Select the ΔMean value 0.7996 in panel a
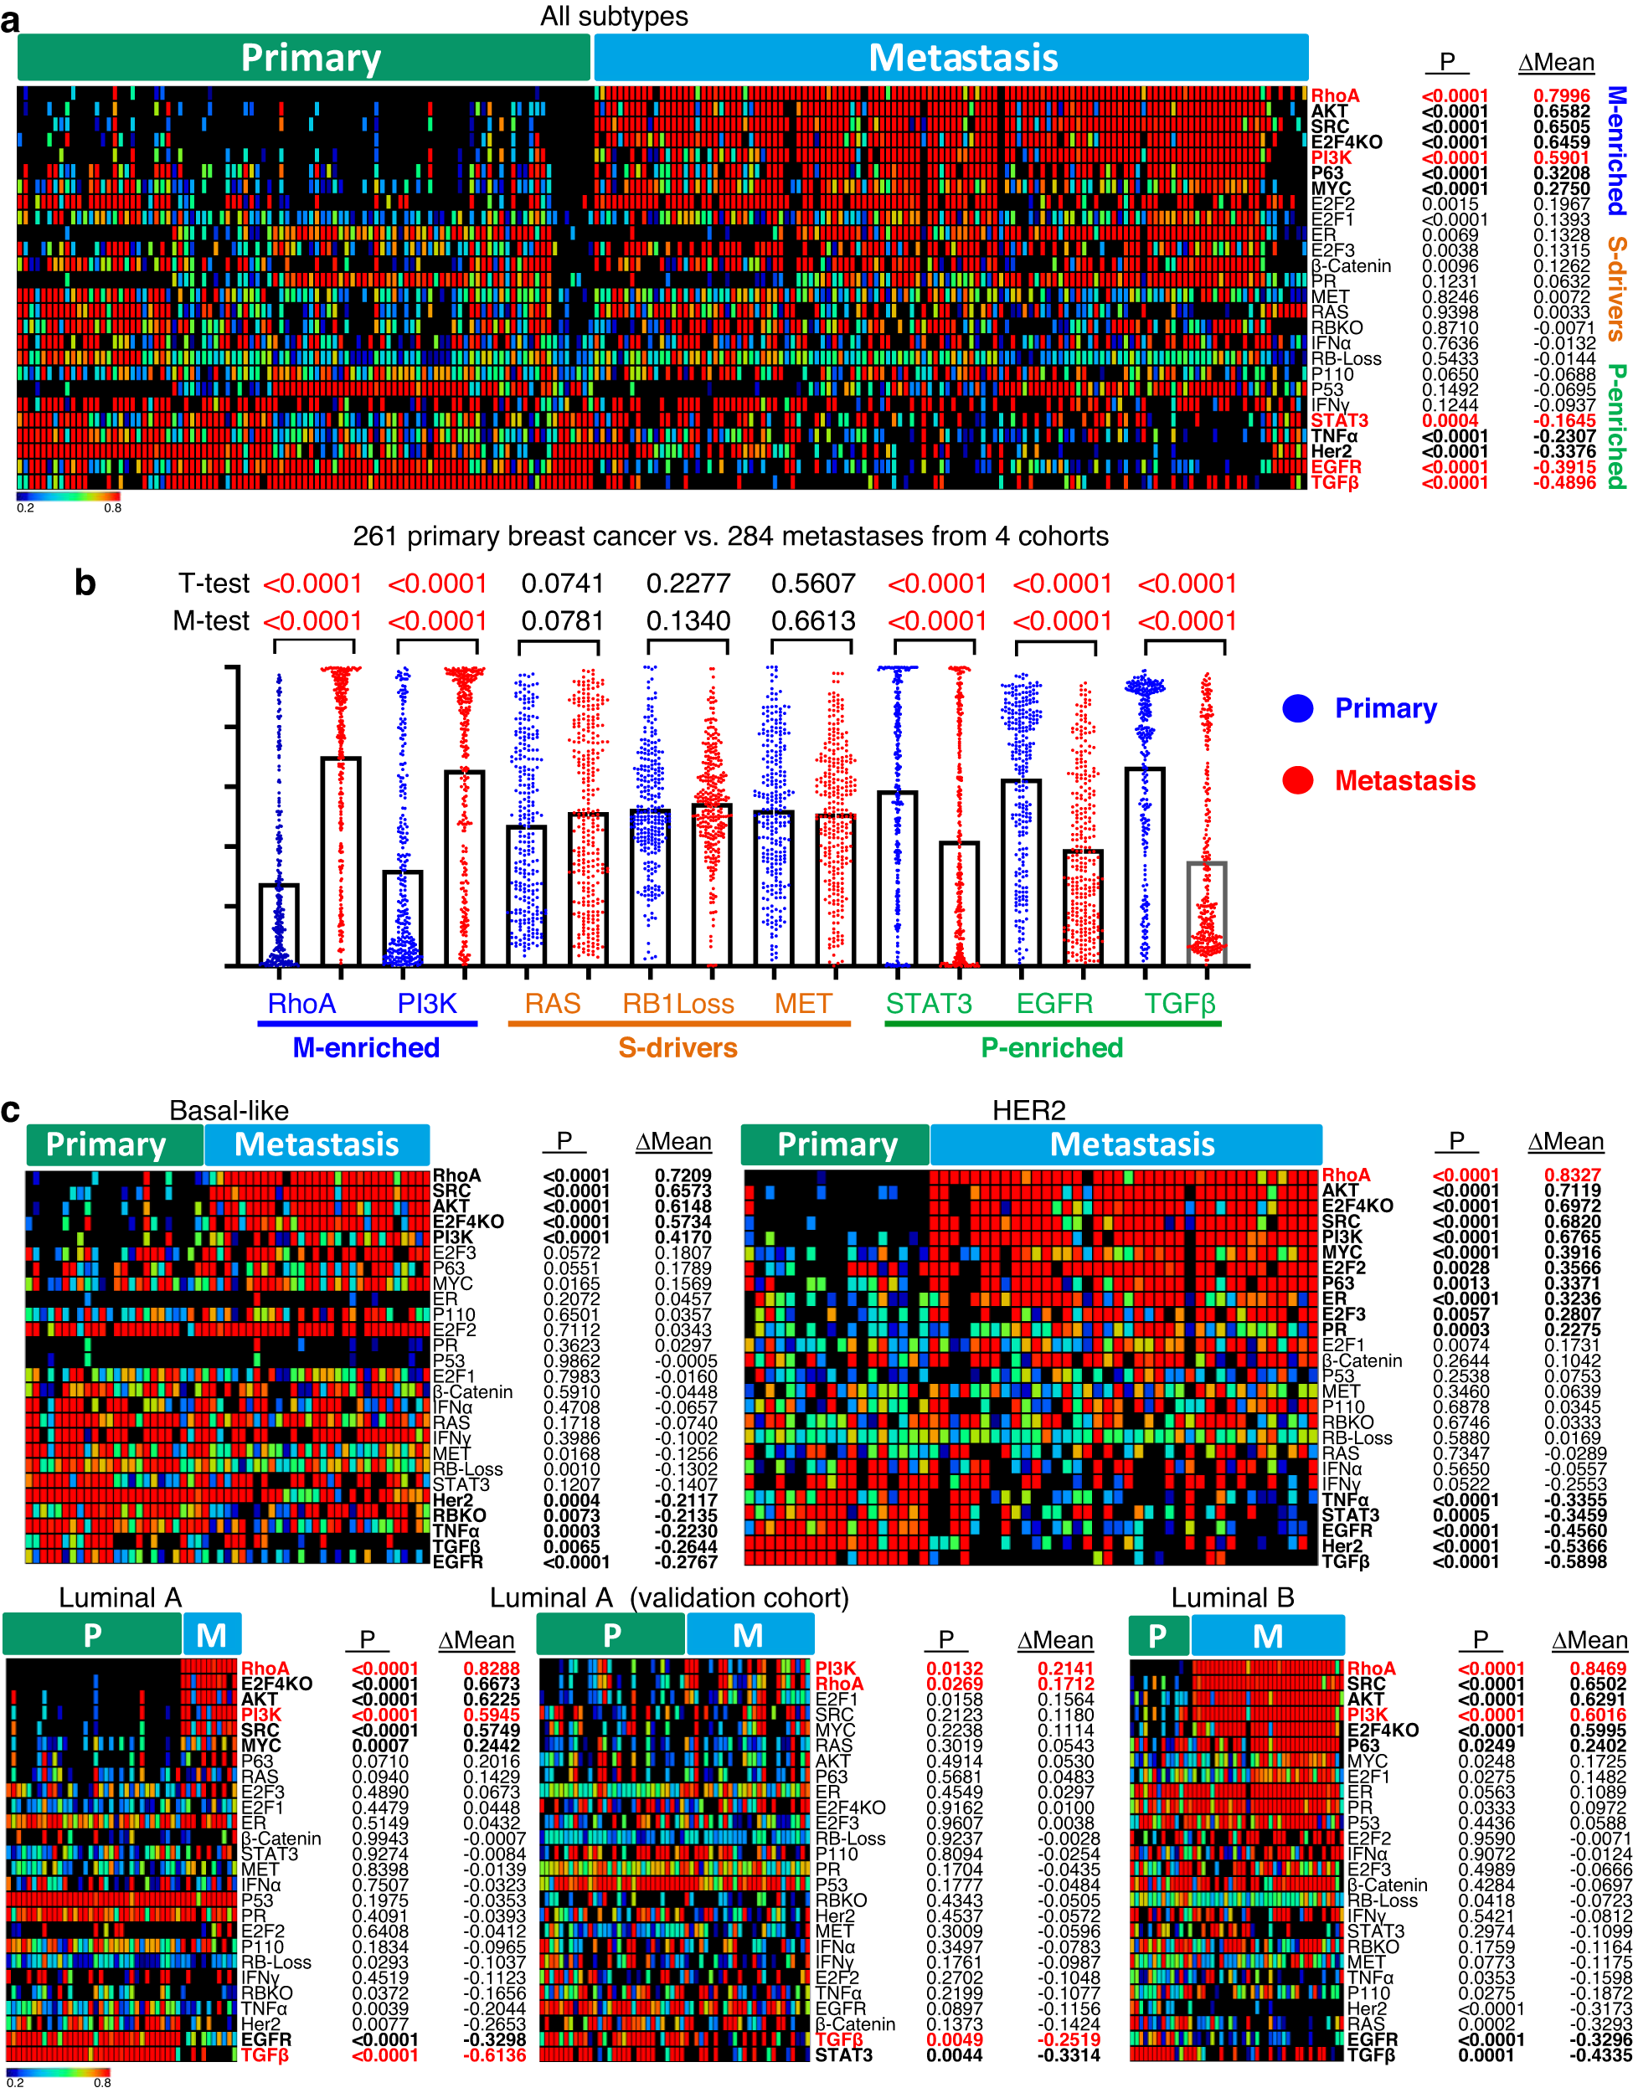[1561, 95]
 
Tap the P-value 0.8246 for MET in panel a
[1449, 297]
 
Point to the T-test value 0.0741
[563, 584]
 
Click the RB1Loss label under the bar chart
[677, 1003]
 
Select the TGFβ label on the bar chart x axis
[1180, 1003]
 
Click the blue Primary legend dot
[1297, 708]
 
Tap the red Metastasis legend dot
[1297, 780]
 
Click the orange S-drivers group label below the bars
[677, 1047]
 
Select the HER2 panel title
[1028, 1110]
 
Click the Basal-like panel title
[229, 1110]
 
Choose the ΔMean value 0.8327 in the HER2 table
[1572, 1175]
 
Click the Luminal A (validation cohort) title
[669, 1597]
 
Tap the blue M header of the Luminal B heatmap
[1267, 1636]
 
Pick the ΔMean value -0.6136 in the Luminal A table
[494, 2054]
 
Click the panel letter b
[85, 583]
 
